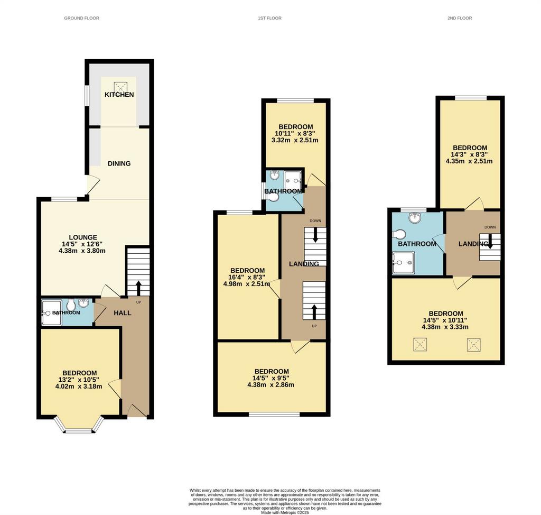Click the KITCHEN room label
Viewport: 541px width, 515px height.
119,95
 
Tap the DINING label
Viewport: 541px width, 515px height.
119,164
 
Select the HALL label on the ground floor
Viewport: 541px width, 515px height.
123,313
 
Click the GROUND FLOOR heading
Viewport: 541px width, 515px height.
81,18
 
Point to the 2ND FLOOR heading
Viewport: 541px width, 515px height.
460,18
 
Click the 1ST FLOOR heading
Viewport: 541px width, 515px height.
269,18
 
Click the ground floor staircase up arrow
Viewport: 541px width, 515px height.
138,288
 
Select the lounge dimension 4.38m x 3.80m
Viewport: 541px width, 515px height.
82,251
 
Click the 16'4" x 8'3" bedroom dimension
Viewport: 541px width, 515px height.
247,278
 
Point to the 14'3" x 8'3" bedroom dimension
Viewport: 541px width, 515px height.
469,154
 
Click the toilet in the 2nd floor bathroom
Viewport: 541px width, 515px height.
399,235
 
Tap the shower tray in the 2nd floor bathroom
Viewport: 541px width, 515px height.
403,262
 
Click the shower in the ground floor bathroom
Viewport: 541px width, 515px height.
52,312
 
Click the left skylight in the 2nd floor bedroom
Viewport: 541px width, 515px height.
419,345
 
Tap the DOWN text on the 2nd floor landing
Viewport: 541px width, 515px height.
490,227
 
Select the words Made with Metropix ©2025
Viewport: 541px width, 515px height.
285,512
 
